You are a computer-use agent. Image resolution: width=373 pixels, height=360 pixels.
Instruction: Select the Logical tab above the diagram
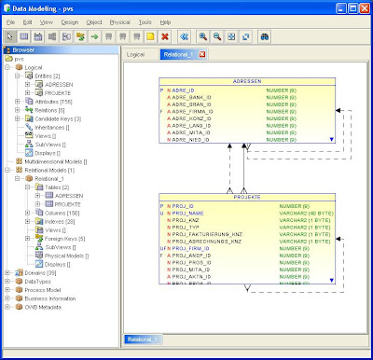coord(136,55)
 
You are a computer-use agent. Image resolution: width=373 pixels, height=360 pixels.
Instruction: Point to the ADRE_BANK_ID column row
coord(199,97)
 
